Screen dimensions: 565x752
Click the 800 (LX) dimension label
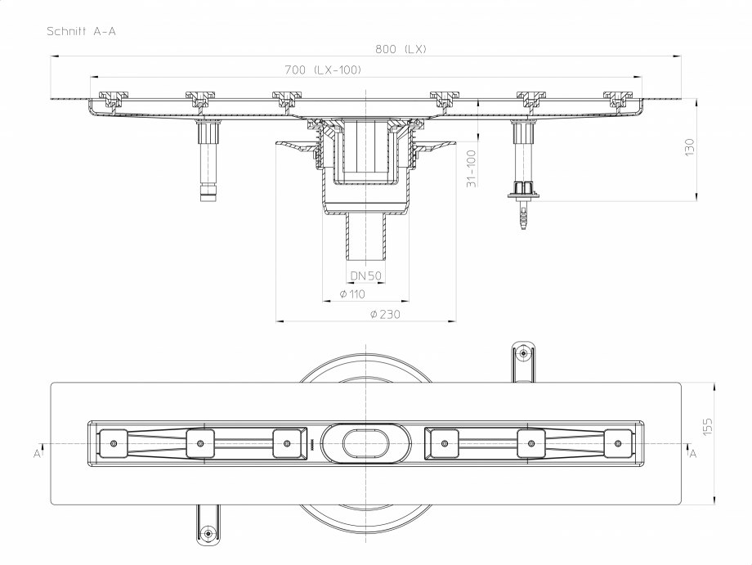[x=401, y=49]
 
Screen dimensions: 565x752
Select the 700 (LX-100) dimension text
[x=324, y=70]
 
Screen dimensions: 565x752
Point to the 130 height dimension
[x=689, y=148]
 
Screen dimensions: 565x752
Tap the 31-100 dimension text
[x=471, y=168]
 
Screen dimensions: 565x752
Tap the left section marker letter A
[x=37, y=452]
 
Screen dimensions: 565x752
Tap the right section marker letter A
[x=693, y=452]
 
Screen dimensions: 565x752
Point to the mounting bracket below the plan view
[x=208, y=527]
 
